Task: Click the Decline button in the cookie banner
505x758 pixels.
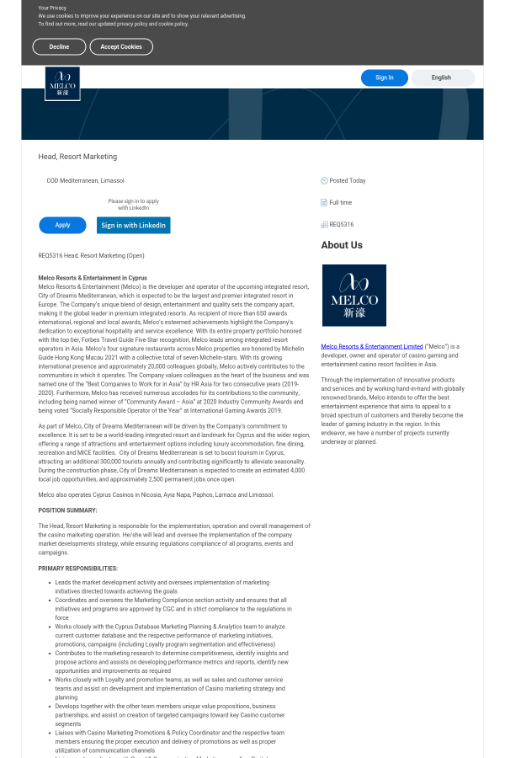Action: click(59, 47)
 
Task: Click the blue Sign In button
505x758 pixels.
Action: click(384, 77)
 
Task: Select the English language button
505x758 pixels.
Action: click(441, 77)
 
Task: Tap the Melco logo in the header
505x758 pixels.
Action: click(62, 83)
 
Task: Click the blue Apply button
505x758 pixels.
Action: click(62, 225)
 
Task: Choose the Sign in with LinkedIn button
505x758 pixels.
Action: click(133, 225)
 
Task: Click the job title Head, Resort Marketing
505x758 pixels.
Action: click(77, 157)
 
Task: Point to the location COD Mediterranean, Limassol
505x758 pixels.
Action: click(85, 180)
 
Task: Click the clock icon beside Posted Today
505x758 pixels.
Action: click(324, 180)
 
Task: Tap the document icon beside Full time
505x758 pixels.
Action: click(324, 202)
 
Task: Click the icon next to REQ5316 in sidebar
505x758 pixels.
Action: click(324, 224)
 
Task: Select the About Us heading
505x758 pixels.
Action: click(342, 245)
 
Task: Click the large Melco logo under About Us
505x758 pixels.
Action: click(353, 295)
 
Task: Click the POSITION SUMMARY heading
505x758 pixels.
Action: click(67, 510)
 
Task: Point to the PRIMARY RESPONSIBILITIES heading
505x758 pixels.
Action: click(78, 568)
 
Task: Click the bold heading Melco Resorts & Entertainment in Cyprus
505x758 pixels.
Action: click(93, 277)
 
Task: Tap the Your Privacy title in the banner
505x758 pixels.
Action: click(53, 8)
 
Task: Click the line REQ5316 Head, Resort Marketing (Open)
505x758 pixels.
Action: click(91, 255)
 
